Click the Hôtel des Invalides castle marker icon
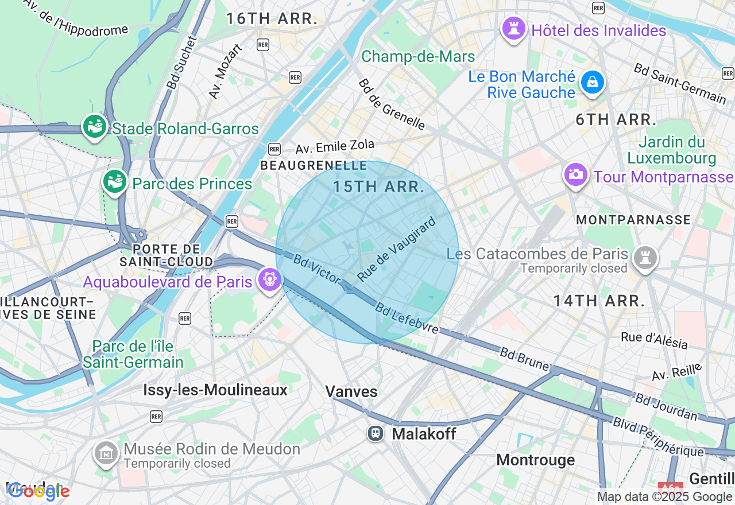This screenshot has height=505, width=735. click(x=513, y=28)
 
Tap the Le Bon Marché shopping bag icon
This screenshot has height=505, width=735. click(x=593, y=82)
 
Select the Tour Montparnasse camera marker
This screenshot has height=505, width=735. click(x=575, y=174)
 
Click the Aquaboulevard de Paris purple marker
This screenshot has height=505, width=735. click(x=269, y=279)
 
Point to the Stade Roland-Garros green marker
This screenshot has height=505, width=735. click(x=95, y=126)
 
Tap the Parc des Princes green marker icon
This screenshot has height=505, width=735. click(x=115, y=181)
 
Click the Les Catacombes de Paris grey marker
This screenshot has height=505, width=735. click(x=645, y=258)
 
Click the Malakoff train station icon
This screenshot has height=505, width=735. click(x=376, y=433)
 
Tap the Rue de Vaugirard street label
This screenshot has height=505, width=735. click(x=396, y=249)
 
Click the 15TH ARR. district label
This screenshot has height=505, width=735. click(x=378, y=187)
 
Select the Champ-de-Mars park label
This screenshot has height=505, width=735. click(x=418, y=57)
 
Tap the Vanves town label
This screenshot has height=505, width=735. click(x=351, y=391)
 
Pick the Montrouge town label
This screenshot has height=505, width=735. click(x=535, y=460)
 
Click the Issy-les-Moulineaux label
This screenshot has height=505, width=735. click(x=215, y=390)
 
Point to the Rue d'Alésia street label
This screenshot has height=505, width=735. click(x=654, y=340)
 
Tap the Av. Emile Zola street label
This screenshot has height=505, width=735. click(x=335, y=146)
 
